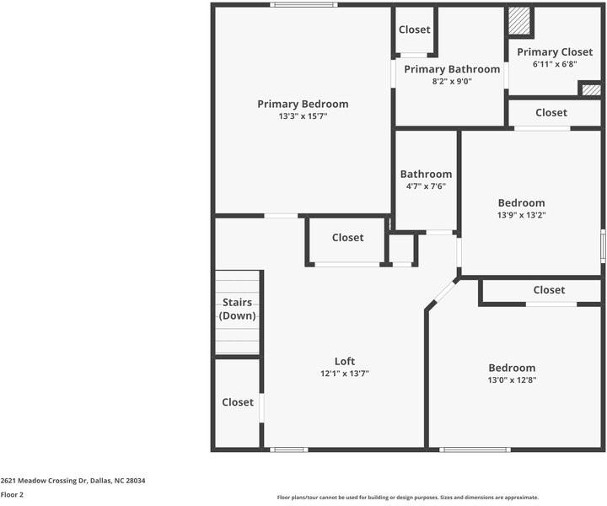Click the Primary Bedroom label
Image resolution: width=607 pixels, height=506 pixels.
point(303,105)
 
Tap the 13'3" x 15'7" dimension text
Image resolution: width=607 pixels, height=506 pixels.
point(303,116)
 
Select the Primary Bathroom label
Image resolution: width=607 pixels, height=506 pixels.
point(452,69)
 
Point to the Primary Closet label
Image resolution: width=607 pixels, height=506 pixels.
point(555,52)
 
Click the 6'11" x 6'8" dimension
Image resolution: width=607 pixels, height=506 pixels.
point(555,64)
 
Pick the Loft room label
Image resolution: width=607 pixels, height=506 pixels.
point(345,361)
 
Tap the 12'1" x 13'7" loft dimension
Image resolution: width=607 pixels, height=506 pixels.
point(345,373)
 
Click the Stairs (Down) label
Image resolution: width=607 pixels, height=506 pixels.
point(238,310)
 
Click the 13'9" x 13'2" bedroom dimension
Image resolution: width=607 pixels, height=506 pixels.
point(521,214)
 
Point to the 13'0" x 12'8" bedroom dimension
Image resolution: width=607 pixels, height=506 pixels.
point(512,379)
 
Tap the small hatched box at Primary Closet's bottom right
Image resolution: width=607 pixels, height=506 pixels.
point(591,89)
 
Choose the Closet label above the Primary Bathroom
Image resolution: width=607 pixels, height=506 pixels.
point(414,30)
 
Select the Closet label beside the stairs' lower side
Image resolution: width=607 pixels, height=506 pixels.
point(238,402)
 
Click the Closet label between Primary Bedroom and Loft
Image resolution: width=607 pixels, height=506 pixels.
point(347,238)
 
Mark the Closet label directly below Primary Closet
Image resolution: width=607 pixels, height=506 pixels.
point(551,112)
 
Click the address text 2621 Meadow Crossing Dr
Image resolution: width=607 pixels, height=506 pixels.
point(73,481)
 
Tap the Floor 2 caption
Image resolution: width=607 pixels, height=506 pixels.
point(12,495)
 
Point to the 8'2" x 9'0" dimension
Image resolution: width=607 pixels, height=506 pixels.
point(452,81)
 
